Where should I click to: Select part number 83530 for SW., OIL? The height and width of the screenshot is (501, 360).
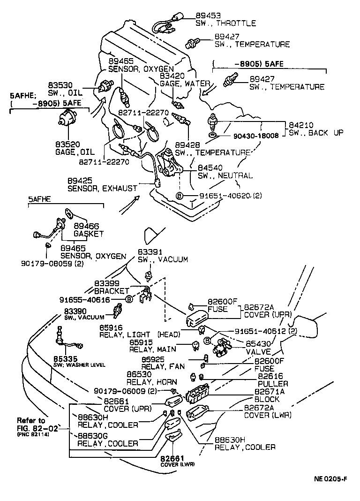[60, 85]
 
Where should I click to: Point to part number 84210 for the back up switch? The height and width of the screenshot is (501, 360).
[300, 125]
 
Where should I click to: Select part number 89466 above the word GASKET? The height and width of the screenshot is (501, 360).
[86, 226]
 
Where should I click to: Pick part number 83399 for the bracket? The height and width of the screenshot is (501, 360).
[106, 283]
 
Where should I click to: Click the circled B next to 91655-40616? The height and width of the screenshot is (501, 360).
[128, 299]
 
